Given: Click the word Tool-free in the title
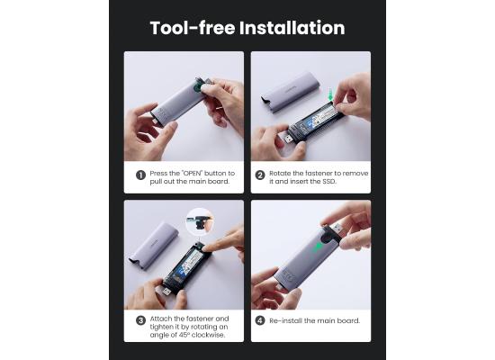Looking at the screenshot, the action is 193,28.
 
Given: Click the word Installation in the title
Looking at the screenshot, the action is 292,28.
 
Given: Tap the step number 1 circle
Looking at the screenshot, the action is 140,175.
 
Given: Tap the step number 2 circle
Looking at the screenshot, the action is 260,175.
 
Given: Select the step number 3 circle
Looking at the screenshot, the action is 140,320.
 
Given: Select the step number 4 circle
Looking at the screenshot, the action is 260,320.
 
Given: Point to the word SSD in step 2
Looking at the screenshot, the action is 328,182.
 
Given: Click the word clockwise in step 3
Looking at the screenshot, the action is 209,335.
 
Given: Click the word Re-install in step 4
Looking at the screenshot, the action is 286,320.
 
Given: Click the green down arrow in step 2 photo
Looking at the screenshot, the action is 330,94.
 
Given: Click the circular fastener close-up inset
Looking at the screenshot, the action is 200,221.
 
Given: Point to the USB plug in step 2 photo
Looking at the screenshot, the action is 291,138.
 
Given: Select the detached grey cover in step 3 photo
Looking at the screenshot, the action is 155,246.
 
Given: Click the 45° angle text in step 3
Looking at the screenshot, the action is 184,335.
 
